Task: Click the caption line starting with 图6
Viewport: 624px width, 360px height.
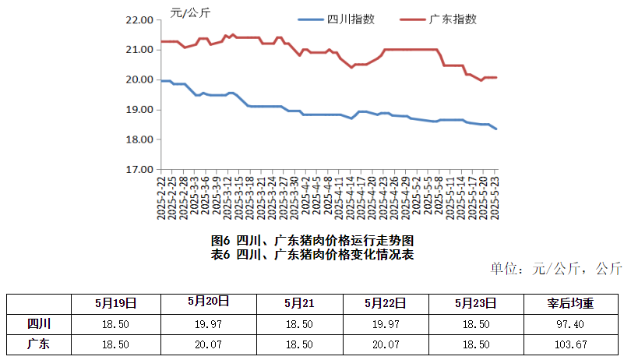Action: (x=312, y=241)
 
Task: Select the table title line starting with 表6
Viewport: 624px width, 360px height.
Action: (x=312, y=254)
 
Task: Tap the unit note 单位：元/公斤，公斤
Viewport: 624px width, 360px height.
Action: (x=556, y=270)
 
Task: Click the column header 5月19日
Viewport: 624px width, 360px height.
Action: (x=115, y=302)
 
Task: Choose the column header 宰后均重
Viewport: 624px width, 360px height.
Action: (x=572, y=302)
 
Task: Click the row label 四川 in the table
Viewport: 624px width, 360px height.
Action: (x=38, y=323)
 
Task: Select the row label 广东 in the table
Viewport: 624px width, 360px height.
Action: (x=38, y=344)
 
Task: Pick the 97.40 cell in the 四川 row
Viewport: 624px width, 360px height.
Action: (x=572, y=323)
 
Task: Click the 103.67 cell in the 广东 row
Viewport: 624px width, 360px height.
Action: (x=572, y=344)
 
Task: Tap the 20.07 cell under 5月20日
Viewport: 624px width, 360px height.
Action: (x=207, y=344)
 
